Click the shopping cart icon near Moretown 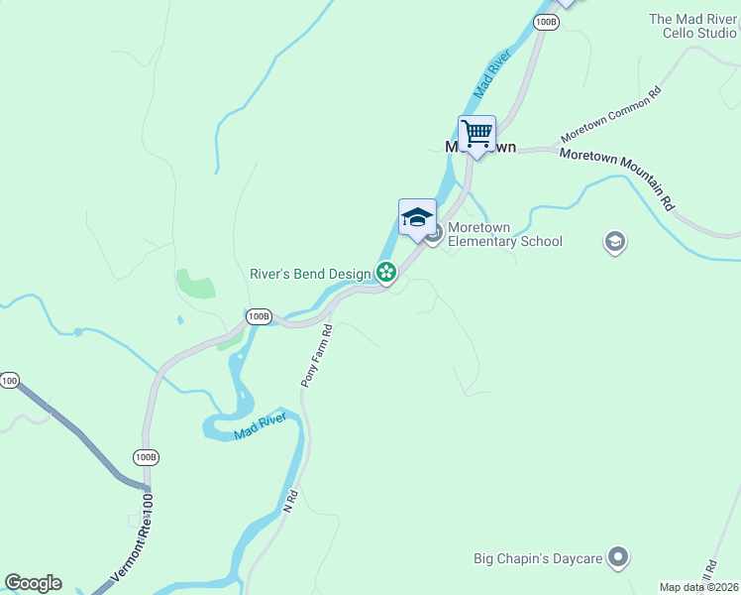pos(476,133)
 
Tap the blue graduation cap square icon pos(417,217)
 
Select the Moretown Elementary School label pos(504,235)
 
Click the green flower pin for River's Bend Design pos(385,272)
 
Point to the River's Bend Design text pos(310,274)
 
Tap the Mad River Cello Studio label pos(692,26)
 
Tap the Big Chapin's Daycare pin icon pos(618,558)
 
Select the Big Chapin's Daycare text pos(536,559)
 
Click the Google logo pos(33,583)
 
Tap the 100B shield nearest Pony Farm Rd pos(259,316)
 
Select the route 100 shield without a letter pos(9,381)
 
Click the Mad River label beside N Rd pos(260,427)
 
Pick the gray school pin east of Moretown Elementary pos(614,242)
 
